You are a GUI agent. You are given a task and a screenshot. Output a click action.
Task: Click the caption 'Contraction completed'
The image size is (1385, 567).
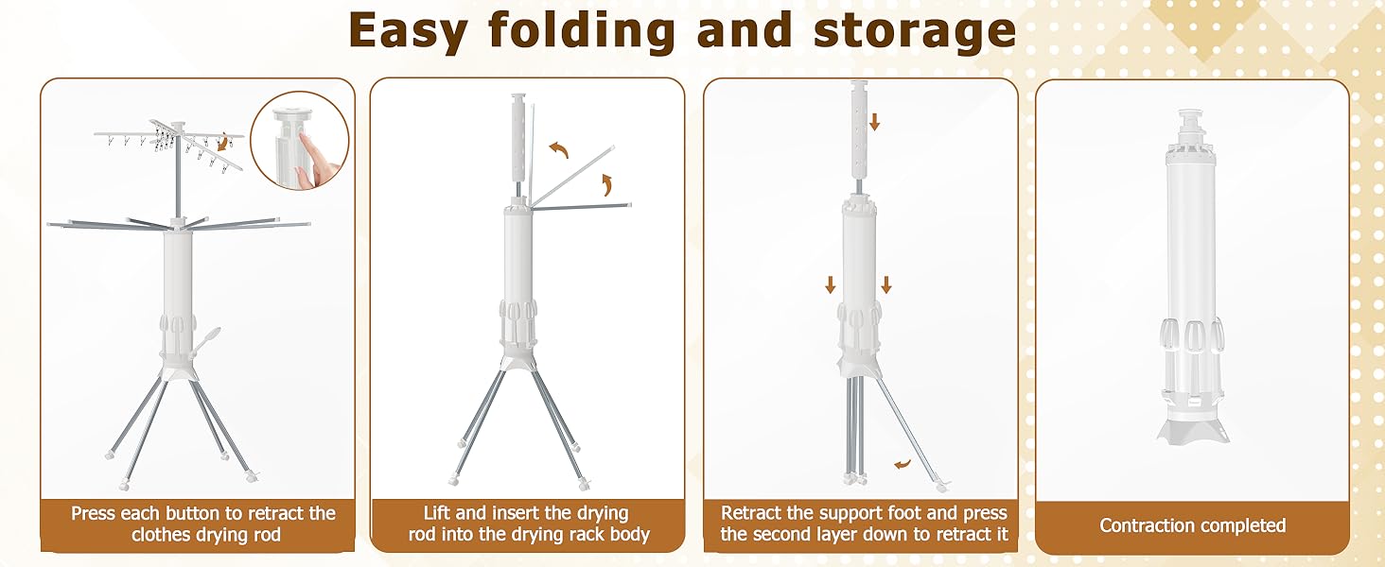coord(1192,525)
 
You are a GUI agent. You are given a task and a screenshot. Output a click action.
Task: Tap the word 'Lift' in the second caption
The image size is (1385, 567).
coord(437,512)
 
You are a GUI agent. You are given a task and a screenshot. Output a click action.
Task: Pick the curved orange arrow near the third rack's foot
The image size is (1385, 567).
coord(903,463)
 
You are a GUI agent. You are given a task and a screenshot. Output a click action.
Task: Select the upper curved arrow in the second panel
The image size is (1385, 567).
coord(559,149)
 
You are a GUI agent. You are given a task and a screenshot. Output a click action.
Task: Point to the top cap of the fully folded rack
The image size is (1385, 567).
coord(1189,122)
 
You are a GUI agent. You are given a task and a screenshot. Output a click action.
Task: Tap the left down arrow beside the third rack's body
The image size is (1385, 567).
coord(831,284)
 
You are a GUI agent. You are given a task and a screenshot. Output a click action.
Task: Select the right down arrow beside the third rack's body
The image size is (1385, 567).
coord(886,284)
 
